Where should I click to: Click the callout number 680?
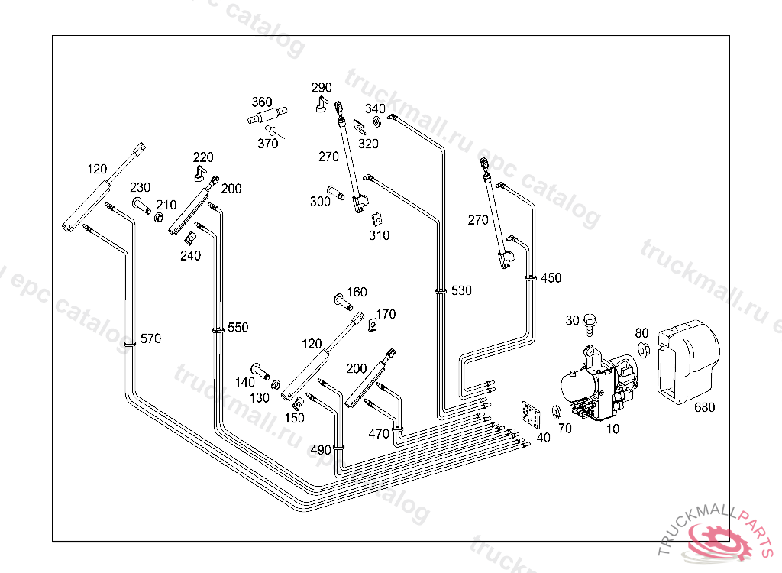tap(704, 407)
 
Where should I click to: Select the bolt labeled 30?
tap(589, 324)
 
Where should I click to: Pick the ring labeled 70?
tap(557, 413)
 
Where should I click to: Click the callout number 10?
tap(612, 429)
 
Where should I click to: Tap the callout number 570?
tap(150, 338)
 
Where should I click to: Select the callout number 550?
tap(238, 327)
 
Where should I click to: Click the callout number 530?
tap(461, 290)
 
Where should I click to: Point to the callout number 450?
tap(551, 277)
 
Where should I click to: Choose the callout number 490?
tap(322, 450)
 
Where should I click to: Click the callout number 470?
tap(379, 433)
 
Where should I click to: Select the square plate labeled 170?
tap(373, 324)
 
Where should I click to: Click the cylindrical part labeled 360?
tap(268, 117)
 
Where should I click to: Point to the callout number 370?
tap(267, 144)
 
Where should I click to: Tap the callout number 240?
tap(190, 256)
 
